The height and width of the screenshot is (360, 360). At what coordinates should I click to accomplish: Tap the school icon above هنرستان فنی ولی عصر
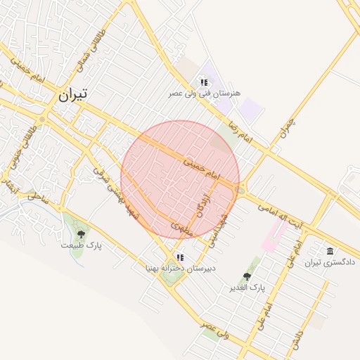click(x=204, y=82)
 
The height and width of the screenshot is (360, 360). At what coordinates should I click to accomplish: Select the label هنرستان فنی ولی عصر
click(x=205, y=93)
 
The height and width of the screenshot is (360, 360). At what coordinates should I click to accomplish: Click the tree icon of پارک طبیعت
click(x=81, y=234)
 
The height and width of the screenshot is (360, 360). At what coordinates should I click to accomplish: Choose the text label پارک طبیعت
click(x=81, y=245)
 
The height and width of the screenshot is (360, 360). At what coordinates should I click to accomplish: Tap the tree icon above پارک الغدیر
click(x=246, y=277)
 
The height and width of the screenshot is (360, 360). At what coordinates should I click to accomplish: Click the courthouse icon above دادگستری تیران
click(x=330, y=252)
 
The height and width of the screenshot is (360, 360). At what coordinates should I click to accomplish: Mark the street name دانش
click(x=300, y=338)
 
